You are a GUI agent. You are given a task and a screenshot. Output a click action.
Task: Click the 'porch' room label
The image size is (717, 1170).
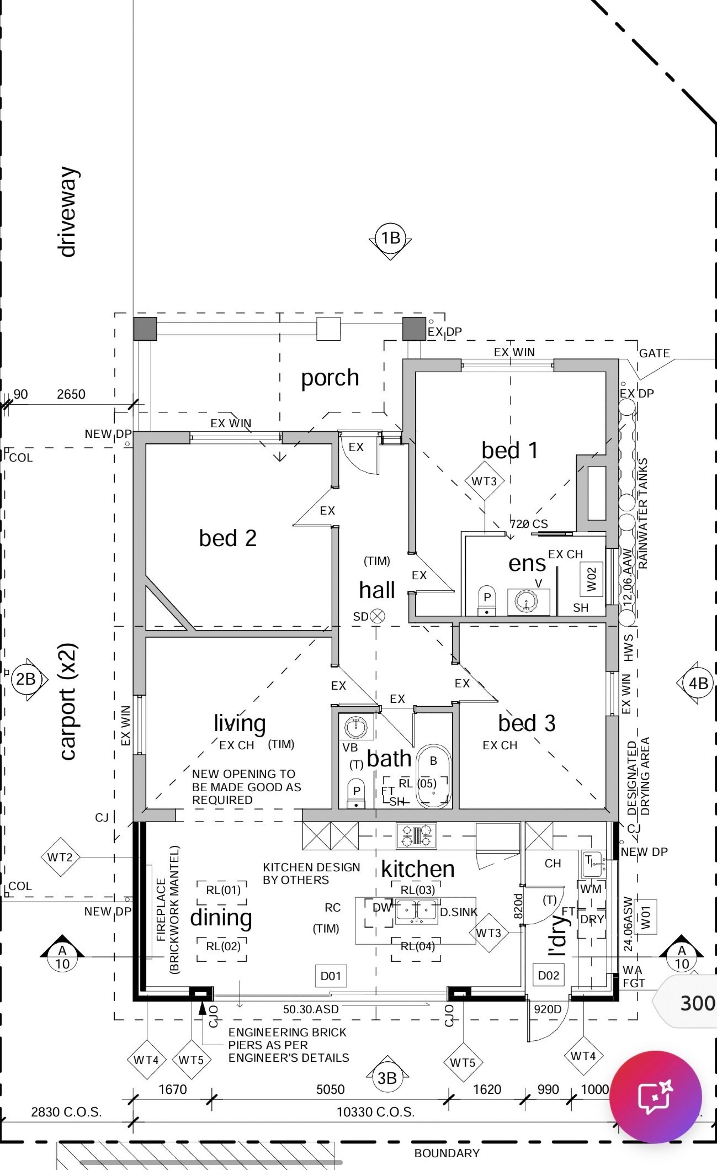pyautogui.click(x=330, y=378)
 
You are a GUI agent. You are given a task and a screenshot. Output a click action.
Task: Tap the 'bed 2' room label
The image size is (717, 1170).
pyautogui.click(x=228, y=538)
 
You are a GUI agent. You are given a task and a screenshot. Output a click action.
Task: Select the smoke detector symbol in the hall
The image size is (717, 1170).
pyautogui.click(x=378, y=616)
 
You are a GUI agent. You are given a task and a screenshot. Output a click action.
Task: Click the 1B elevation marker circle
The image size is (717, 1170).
pyautogui.click(x=390, y=238)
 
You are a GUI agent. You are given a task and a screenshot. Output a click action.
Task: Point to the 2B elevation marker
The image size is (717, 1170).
pyautogui.click(x=26, y=679)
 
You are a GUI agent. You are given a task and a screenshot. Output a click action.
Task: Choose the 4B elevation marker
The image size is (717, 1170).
pyautogui.click(x=698, y=683)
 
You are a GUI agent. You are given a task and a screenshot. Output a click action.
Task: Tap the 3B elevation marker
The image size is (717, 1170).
pyautogui.click(x=387, y=1077)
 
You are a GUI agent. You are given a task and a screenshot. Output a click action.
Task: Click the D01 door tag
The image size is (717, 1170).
pyautogui.click(x=330, y=976)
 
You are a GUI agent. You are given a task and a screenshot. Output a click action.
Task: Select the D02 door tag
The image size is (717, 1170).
pyautogui.click(x=549, y=975)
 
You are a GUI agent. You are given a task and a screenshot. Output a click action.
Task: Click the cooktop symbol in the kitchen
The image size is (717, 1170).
pyautogui.click(x=416, y=836)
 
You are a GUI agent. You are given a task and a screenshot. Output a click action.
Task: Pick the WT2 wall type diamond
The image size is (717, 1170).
pyautogui.click(x=60, y=857)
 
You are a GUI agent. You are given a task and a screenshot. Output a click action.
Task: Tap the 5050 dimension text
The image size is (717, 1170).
pyautogui.click(x=330, y=1089)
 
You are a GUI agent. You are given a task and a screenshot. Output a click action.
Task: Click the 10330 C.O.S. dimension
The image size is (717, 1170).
pyautogui.click(x=376, y=1112)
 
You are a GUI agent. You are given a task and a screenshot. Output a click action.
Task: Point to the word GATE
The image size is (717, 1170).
pyautogui.click(x=654, y=353)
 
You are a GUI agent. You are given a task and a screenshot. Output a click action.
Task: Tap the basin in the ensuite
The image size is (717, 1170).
pyautogui.click(x=526, y=601)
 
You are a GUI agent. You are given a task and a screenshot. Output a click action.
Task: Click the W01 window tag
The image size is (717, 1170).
pyautogui.click(x=645, y=917)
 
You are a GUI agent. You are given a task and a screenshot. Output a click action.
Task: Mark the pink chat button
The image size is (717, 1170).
pyautogui.click(x=655, y=1097)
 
